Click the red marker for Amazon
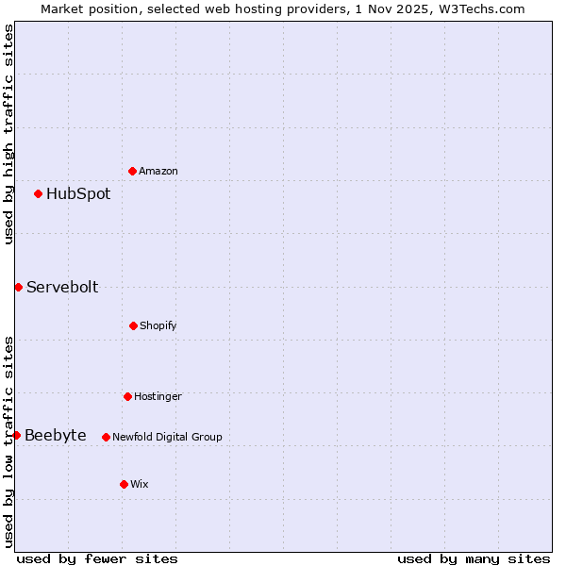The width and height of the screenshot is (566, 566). tap(132, 171)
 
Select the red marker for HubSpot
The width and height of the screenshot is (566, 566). tap(38, 194)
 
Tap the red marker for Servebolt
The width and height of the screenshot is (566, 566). tap(18, 287)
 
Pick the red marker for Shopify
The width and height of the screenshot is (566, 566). tap(133, 325)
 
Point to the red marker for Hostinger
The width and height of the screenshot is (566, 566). tap(127, 396)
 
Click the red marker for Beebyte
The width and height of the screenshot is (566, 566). tap(16, 435)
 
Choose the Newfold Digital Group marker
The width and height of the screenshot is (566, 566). tap(106, 437)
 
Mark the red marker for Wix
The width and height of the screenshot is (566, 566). tap(124, 484)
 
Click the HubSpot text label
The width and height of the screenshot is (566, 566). tap(78, 194)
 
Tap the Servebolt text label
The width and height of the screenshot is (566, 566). tap(62, 287)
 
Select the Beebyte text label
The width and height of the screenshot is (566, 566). tap(56, 435)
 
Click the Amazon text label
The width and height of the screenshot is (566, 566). tap(158, 171)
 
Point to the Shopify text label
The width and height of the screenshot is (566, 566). tap(158, 325)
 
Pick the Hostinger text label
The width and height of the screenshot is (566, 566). tap(158, 396)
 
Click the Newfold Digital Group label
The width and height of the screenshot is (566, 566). tap(167, 437)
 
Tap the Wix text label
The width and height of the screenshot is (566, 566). tap(140, 484)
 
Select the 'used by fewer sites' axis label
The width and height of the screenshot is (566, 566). tap(97, 558)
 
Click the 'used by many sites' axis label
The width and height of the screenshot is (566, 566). tap(474, 558)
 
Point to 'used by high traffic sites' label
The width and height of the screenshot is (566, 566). tap(8, 134)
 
